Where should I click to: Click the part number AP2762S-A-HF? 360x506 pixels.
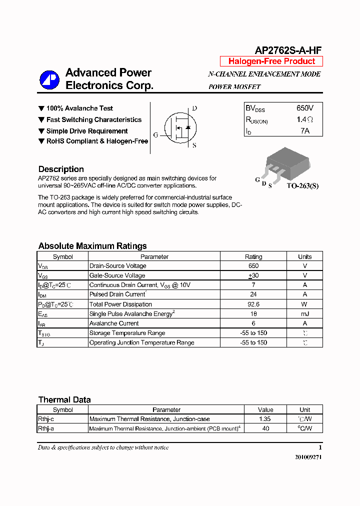(x=288, y=50)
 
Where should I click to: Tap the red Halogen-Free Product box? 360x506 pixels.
(x=271, y=61)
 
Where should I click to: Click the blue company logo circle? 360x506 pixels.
(x=49, y=79)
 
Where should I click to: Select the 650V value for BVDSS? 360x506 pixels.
(x=304, y=108)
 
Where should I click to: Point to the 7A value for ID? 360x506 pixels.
(x=304, y=131)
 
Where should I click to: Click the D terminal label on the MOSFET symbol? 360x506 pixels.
(x=194, y=108)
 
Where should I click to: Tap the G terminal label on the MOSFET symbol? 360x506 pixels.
(x=155, y=135)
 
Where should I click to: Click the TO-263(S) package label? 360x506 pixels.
(x=302, y=185)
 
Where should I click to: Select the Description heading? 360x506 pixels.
(x=61, y=169)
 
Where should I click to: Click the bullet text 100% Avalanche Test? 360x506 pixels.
(x=79, y=108)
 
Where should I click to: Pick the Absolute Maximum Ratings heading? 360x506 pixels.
(x=92, y=246)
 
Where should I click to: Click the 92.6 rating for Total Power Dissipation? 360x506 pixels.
(x=253, y=304)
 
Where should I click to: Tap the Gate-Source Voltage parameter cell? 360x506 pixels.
(x=117, y=275)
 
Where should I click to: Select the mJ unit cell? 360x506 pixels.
(x=304, y=314)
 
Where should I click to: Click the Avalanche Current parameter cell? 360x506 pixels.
(x=114, y=323)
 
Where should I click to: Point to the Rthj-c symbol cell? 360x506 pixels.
(x=46, y=419)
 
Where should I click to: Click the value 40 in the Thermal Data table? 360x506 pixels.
(x=265, y=428)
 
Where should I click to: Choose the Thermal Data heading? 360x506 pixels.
(x=64, y=399)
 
